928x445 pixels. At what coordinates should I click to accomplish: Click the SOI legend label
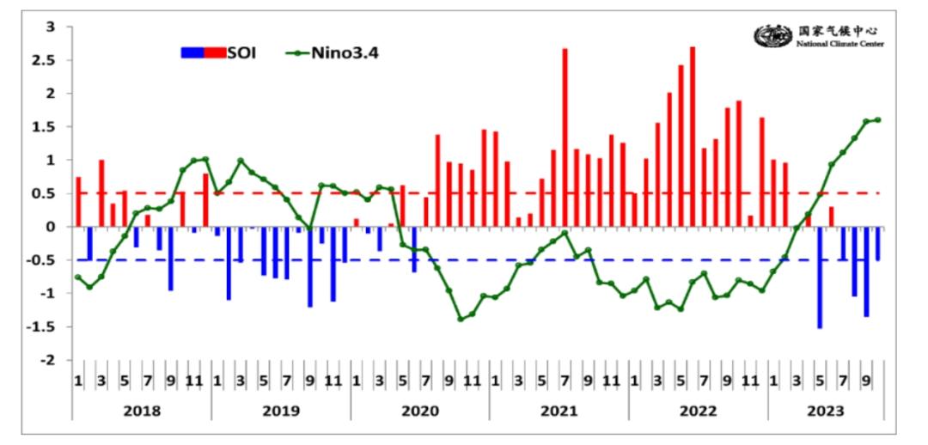[241, 52]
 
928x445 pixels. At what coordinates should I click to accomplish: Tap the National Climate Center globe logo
[772, 36]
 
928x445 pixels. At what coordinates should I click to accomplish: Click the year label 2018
[141, 411]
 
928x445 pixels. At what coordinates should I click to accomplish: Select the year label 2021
[559, 411]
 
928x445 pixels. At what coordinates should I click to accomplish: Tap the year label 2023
[826, 411]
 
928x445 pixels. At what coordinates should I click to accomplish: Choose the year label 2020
[419, 411]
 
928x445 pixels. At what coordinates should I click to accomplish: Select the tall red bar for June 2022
[693, 137]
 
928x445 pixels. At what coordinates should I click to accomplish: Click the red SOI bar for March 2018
[101, 193]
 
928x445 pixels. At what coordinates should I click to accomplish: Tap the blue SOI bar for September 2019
[310, 266]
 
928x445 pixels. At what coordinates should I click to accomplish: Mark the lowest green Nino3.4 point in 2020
[461, 319]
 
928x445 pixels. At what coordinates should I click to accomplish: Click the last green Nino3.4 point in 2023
[878, 119]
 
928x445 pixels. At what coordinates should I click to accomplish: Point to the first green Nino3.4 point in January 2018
[77, 277]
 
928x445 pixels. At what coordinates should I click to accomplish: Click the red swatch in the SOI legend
[214, 52]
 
